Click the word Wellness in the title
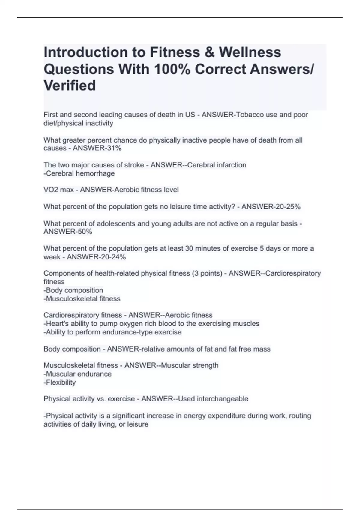coord(250,52)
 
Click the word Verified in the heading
coord(70,85)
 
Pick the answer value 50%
coord(85,232)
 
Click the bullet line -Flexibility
coord(60,382)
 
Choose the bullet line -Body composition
coord(73,290)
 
